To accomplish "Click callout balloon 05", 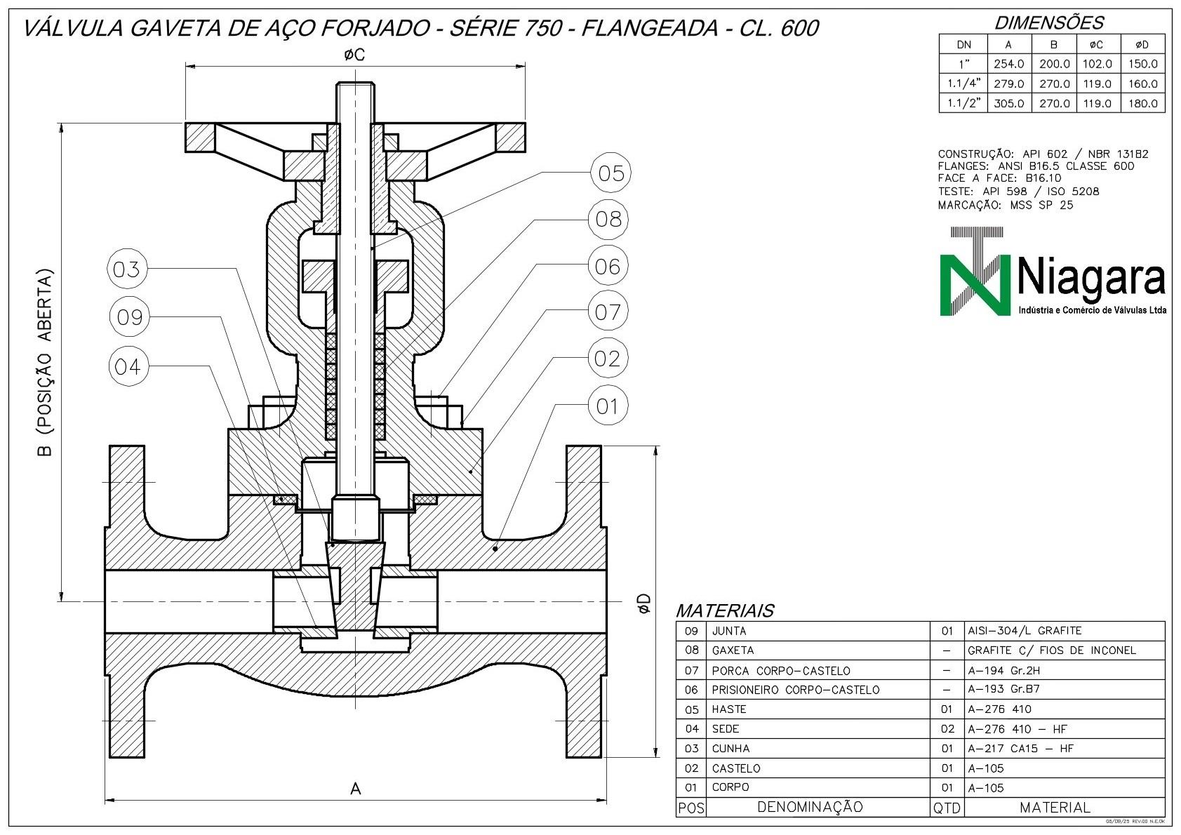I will click(610, 173).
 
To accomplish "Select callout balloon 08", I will click(608, 220).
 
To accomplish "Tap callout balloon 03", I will click(127, 269).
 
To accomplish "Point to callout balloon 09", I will click(130, 318).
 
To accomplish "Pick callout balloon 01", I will click(607, 406).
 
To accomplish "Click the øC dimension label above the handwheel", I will click(354, 55).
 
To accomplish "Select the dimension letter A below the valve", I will click(355, 789).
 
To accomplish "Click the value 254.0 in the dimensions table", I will click(1009, 64).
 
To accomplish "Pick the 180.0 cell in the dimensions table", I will click(1142, 103).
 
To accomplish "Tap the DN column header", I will click(963, 45).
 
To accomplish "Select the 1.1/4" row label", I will click(963, 83).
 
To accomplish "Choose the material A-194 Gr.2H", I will click(1003, 670).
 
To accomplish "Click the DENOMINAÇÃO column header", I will click(810, 808).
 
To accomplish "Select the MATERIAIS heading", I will click(724, 610).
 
